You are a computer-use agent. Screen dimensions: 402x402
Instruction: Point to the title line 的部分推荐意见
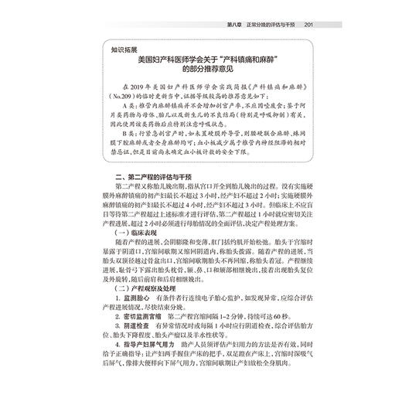coord(203,70)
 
